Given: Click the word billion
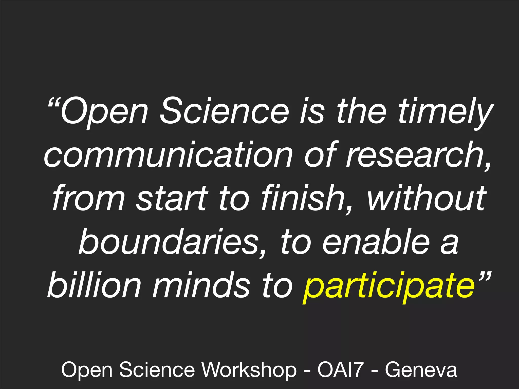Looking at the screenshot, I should point(94,285).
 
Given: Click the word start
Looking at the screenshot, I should point(172,199).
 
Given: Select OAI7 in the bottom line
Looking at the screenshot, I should point(341,370).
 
